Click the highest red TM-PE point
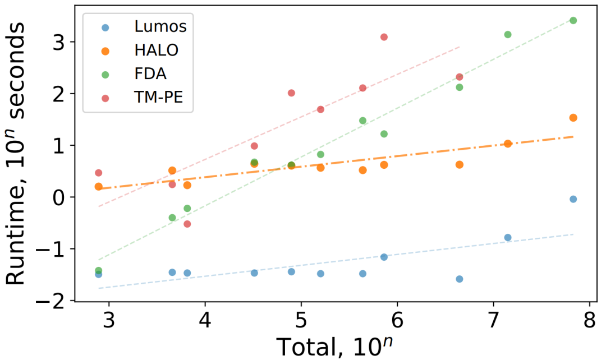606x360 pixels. pyautogui.click(x=384, y=37)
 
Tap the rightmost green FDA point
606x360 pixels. pyautogui.click(x=573, y=20)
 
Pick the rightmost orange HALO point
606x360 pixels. pyautogui.click(x=573, y=118)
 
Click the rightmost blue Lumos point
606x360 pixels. pyautogui.click(x=573, y=199)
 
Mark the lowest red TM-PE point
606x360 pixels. pyautogui.click(x=187, y=224)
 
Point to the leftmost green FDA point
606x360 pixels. pyautogui.click(x=98, y=270)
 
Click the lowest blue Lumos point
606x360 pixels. pyautogui.click(x=459, y=279)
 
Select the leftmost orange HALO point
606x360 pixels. pyautogui.click(x=98, y=186)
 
